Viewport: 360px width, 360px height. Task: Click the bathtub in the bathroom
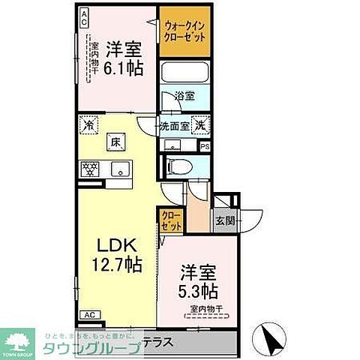click(x=184, y=76)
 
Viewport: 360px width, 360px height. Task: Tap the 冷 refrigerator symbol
click(x=88, y=127)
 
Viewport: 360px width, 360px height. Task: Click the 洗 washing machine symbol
click(x=200, y=126)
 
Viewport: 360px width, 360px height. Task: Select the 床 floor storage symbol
click(x=117, y=141)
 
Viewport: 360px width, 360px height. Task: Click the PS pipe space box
click(x=204, y=147)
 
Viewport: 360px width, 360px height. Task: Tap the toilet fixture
click(x=178, y=167)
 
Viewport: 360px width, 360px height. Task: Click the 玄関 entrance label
click(x=225, y=220)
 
